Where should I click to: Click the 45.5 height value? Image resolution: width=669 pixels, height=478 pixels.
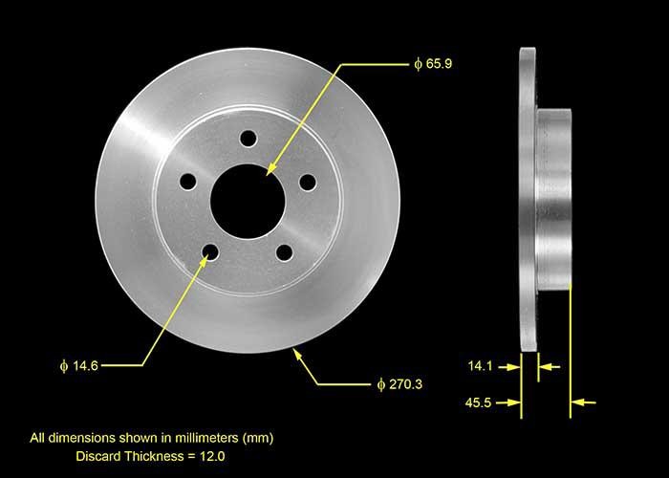tap(481, 402)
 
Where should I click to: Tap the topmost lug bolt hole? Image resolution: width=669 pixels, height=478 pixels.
tap(248, 139)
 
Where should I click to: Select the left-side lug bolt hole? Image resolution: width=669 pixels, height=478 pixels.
tap(188, 181)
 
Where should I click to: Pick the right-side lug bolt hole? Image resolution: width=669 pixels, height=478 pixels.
tap(307, 182)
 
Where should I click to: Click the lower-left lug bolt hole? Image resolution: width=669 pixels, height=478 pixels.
tap(210, 252)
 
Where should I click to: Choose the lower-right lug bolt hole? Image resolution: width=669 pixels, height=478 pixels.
tap(284, 252)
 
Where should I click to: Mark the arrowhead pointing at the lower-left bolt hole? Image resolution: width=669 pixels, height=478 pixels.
tap(204, 262)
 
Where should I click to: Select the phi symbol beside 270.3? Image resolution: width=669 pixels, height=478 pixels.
tap(380, 384)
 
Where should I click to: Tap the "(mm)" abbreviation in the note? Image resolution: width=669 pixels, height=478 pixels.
tap(257, 438)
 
